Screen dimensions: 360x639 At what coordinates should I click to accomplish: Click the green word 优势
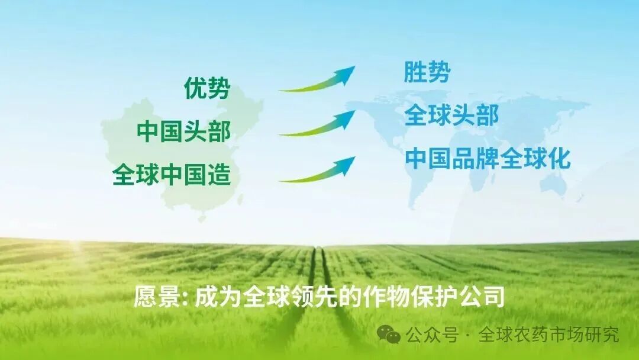tap(206, 89)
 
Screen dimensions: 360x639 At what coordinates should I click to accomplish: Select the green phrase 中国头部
tap(183, 131)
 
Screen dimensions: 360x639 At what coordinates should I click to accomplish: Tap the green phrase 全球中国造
tap(172, 175)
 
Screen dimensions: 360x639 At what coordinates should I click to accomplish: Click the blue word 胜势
tap(427, 72)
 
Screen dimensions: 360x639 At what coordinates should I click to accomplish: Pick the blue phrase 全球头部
tap(451, 115)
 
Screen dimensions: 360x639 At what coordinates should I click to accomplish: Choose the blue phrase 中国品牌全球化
tap(488, 159)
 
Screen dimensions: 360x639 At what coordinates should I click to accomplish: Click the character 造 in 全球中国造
tap(219, 175)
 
